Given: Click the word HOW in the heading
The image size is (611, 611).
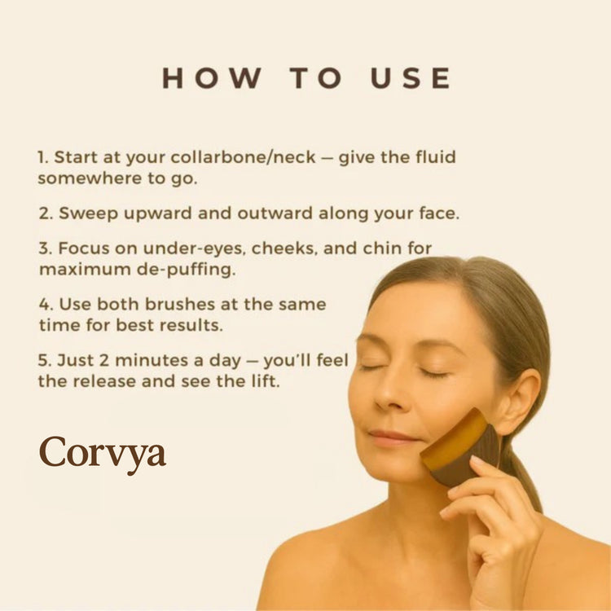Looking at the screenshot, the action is click(x=211, y=78).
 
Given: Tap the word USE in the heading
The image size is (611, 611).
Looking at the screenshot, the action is click(x=411, y=78).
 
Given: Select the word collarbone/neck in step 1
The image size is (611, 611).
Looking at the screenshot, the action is click(x=243, y=157).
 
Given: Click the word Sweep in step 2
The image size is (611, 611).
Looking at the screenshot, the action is click(x=88, y=214).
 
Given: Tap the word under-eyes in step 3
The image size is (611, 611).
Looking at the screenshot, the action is click(x=195, y=248).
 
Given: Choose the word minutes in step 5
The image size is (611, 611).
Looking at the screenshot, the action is click(x=152, y=360).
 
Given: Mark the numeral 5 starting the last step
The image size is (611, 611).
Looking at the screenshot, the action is click(x=44, y=360).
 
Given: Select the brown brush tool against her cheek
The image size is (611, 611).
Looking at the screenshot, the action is click(x=460, y=447).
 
